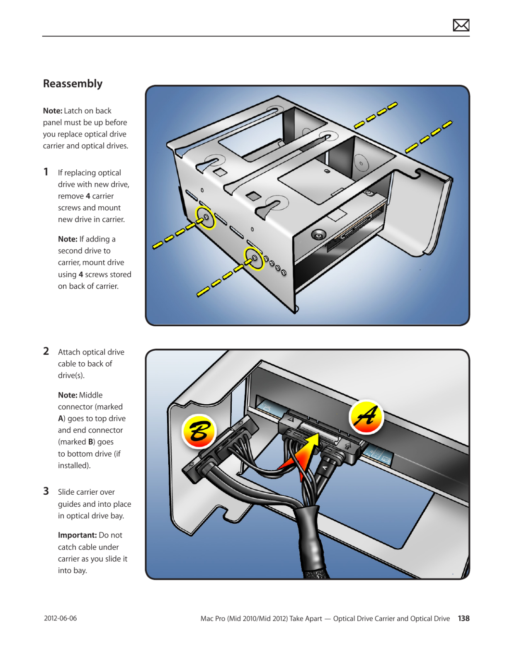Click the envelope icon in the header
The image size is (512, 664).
tap(461, 25)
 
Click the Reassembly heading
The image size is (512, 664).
tap(73, 84)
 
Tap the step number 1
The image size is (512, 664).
tap(46, 172)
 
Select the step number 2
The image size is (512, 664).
tap(46, 351)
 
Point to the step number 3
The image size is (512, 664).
tap(46, 491)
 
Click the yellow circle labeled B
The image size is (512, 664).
tap(199, 431)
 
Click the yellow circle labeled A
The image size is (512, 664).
tap(366, 417)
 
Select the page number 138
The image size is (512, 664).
tap(463, 618)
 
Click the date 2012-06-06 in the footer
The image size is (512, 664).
tap(61, 618)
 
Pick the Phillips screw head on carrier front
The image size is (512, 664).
tap(318, 235)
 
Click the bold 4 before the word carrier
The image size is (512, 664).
tap(87, 196)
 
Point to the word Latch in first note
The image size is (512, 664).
tap(73, 111)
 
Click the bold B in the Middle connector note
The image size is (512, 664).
tap(90, 442)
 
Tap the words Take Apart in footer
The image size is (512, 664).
tap(306, 618)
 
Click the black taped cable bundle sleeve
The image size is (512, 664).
tap(311, 539)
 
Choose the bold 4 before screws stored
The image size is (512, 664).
tap(81, 274)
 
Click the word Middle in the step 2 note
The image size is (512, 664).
tap(91, 395)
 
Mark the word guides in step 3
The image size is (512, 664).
tap(69, 504)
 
